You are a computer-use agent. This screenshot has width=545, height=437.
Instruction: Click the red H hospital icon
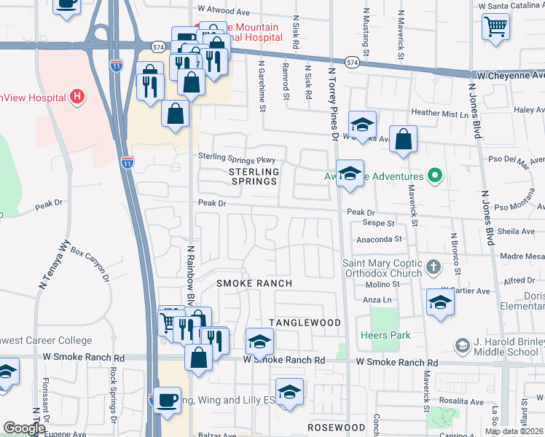coord(76,97)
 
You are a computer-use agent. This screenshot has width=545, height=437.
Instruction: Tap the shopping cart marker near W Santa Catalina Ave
coord(495,27)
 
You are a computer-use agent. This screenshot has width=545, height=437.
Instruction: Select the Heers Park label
coord(385,335)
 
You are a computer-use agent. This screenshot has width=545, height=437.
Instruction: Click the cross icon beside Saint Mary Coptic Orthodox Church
coord(434,267)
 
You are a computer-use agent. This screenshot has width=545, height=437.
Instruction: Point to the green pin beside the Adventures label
coord(435,176)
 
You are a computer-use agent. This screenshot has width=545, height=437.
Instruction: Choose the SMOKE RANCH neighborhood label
coord(254,283)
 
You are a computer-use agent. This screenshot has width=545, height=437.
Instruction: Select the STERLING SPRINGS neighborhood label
coord(254,176)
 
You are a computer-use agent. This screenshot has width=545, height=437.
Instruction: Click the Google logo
coord(24,428)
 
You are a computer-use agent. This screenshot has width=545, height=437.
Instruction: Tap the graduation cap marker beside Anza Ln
coord(440,302)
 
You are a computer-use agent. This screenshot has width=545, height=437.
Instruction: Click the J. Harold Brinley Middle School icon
coord(461,345)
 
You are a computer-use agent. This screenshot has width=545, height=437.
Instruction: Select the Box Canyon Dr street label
coord(90,261)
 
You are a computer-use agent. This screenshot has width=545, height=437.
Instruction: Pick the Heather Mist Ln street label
coord(439,114)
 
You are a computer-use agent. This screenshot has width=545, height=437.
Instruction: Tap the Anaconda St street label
coord(379,238)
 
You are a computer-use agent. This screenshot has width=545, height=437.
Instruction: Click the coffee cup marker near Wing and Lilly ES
coord(168,401)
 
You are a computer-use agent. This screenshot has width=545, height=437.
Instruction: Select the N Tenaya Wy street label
coord(53,267)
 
